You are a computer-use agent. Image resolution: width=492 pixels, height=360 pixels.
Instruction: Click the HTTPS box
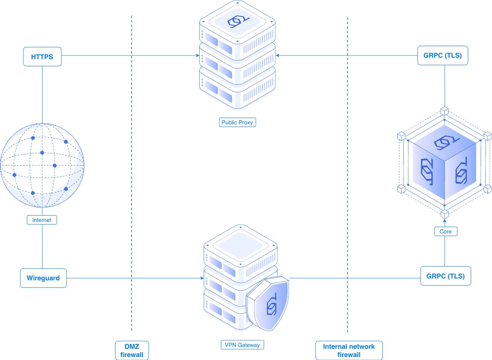click(42, 57)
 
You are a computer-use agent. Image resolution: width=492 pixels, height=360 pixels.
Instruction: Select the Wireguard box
click(43, 278)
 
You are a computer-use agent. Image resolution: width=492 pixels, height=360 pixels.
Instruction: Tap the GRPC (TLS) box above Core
click(442, 55)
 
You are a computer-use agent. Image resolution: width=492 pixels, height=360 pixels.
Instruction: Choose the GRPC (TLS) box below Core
click(445, 276)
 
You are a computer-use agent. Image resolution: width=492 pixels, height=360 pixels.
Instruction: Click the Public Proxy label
click(237, 122)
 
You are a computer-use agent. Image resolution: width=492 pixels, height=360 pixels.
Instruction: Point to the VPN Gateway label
click(242, 345)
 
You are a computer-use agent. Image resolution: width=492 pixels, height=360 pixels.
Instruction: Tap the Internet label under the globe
click(42, 220)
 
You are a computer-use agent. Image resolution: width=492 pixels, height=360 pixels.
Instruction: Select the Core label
click(445, 232)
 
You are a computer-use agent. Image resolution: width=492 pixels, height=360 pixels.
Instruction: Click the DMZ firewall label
click(132, 350)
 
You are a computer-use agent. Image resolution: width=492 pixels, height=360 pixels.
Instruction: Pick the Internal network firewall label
click(349, 350)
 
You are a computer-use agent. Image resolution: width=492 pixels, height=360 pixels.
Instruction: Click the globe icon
click(42, 165)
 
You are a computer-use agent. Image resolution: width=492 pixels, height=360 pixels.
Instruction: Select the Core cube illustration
click(444, 163)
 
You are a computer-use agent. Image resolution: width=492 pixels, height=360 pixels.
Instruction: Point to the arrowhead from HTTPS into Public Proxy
click(198, 56)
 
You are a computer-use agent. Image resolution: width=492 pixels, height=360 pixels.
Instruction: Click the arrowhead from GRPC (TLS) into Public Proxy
click(277, 56)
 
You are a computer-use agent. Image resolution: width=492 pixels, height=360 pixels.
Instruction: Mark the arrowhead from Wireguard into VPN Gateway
click(202, 278)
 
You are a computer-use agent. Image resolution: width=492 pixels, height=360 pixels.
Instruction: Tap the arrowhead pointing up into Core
click(445, 221)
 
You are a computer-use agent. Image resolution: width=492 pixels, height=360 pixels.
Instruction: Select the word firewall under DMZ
click(132, 355)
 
